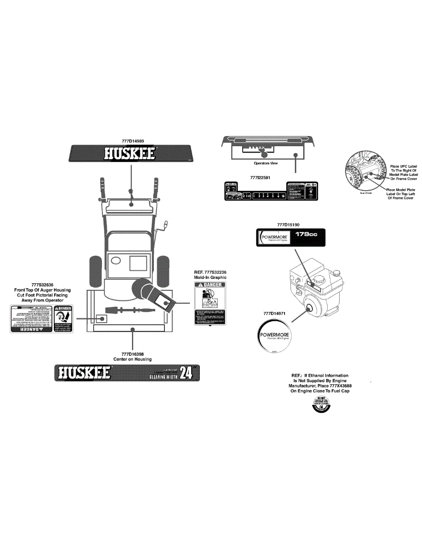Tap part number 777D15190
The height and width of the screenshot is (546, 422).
click(x=288, y=224)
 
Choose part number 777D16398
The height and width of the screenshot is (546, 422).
click(x=132, y=354)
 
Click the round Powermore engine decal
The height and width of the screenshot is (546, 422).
click(x=274, y=336)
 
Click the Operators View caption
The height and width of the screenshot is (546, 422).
click(x=265, y=163)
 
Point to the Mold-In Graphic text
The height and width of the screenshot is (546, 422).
click(x=210, y=277)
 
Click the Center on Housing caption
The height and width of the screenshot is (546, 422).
click(x=132, y=359)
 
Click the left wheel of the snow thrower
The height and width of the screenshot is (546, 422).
click(x=95, y=270)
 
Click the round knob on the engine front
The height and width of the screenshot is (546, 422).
click(x=310, y=308)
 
